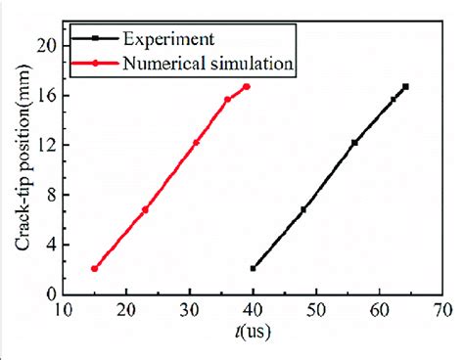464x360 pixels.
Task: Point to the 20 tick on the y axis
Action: coord(46,45)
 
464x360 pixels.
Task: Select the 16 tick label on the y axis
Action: coord(46,95)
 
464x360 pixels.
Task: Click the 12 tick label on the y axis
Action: coord(46,145)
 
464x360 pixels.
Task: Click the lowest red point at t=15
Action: coord(95,268)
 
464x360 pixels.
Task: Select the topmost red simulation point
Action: coord(246,86)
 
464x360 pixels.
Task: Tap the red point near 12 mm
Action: coord(196,143)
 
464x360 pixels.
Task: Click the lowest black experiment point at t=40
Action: coord(254,268)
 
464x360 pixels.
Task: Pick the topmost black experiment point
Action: coord(405,86)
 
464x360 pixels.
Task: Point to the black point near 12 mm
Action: coord(354,143)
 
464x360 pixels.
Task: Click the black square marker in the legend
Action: coord(96,41)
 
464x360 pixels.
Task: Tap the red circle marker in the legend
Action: coord(96,64)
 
